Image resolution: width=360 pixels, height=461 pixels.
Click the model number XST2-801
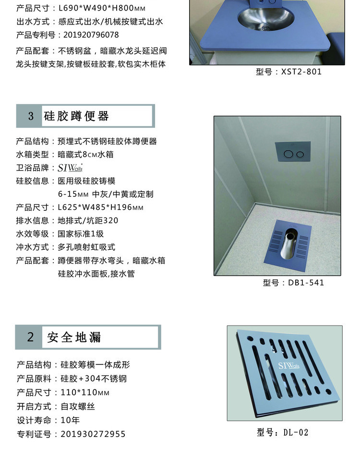click(301, 72)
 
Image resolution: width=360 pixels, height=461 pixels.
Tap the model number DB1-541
click(306, 282)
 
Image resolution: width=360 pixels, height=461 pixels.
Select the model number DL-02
click(296, 433)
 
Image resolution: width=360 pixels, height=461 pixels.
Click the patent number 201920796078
click(91, 35)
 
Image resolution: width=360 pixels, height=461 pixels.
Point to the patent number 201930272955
click(93, 434)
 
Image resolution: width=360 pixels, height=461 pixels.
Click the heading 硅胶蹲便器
click(76, 116)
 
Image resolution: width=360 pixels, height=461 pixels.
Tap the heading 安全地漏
click(74, 337)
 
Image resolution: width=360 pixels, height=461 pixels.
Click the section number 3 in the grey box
click(31, 116)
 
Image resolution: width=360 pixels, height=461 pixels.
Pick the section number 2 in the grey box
click(31, 337)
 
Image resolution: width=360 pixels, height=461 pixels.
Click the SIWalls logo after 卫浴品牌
click(70, 168)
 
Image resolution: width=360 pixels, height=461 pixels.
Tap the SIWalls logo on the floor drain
click(288, 365)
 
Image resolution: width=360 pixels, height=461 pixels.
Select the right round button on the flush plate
click(300, 154)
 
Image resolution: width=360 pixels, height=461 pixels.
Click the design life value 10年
click(70, 420)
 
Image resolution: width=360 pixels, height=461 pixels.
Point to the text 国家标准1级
click(81, 234)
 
